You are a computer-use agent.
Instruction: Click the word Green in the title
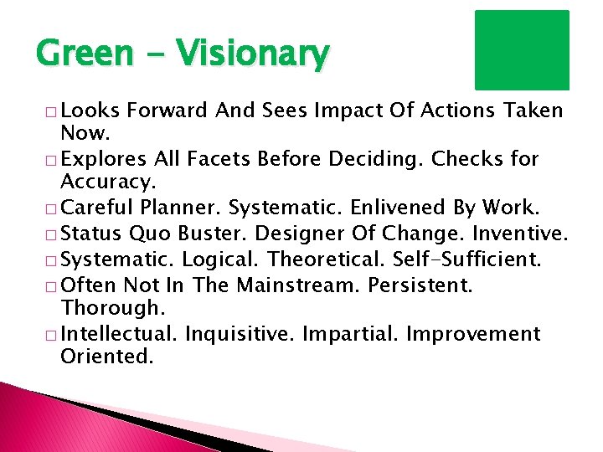75,54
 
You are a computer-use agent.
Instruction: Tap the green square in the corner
522,49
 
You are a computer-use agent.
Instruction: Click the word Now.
84,132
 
